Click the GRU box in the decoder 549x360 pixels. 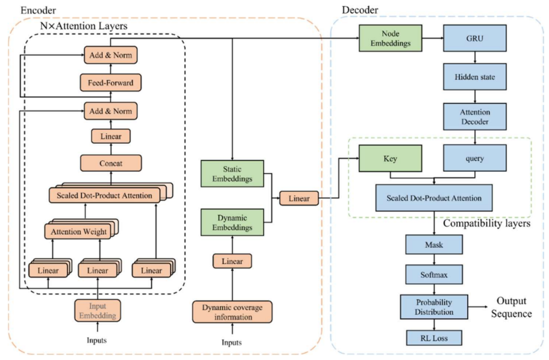pyautogui.click(x=475, y=38)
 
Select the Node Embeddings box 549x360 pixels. pyautogui.click(x=390, y=38)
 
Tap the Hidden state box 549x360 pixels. pyautogui.click(x=475, y=77)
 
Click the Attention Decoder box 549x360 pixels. pyautogui.click(x=475, y=116)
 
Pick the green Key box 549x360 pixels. pyautogui.click(x=390, y=158)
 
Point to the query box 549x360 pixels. pyautogui.click(x=475, y=158)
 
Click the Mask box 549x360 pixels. pyautogui.click(x=434, y=245)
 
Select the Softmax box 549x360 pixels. pyautogui.click(x=434, y=275)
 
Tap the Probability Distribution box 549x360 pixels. pyautogui.click(x=434, y=307)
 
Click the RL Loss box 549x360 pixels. pyautogui.click(x=434, y=338)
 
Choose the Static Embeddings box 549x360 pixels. pyautogui.click(x=232, y=174)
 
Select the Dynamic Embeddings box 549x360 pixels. pyautogui.click(x=232, y=222)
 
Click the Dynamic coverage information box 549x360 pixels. pyautogui.click(x=232, y=312)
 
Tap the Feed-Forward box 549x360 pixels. pyautogui.click(x=111, y=83)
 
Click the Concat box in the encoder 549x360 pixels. pyautogui.click(x=111, y=163)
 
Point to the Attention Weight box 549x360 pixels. pyautogui.click(x=79, y=231)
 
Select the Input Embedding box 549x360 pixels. pyautogui.click(x=98, y=311)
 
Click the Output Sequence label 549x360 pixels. pyautogui.click(x=511, y=307)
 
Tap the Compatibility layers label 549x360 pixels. pyautogui.click(x=486, y=223)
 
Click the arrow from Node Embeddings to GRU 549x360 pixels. pyautogui.click(x=433, y=38)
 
